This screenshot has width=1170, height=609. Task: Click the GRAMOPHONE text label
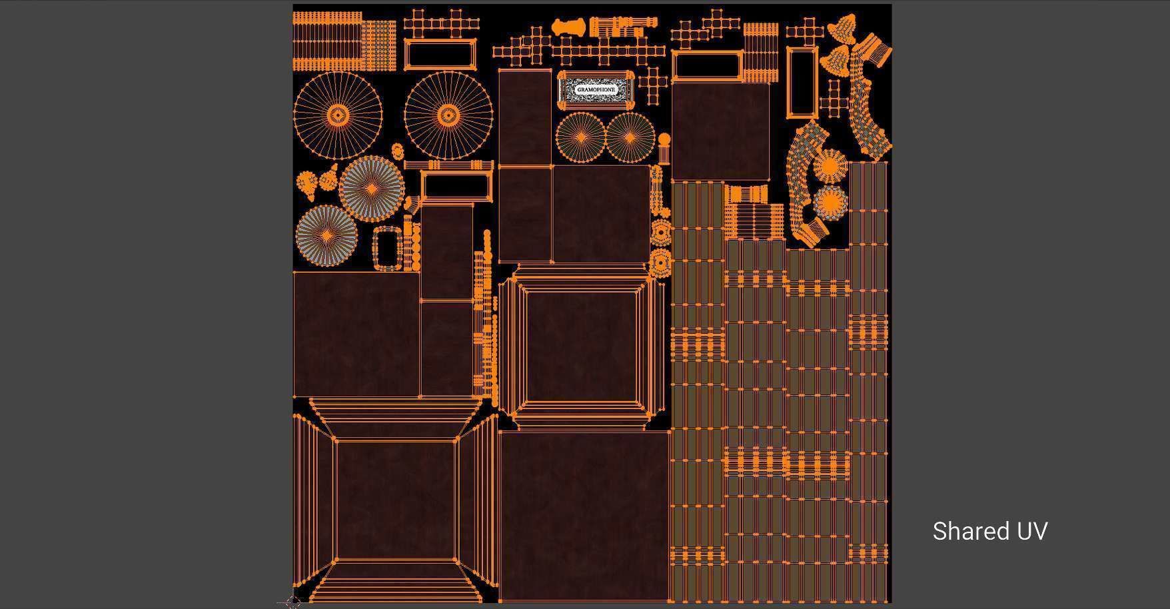pos(596,89)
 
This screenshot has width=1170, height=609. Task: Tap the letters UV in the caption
pos(1031,531)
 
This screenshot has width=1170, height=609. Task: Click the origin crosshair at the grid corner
pos(293,602)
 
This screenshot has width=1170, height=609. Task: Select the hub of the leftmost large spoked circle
pos(338,117)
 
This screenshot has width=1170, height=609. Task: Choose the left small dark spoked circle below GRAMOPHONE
pos(581,137)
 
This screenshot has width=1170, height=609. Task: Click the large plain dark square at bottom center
pos(584,516)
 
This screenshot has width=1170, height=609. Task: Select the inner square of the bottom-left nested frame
pos(396,500)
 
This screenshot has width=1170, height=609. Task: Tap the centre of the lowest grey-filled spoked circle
pos(326,235)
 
